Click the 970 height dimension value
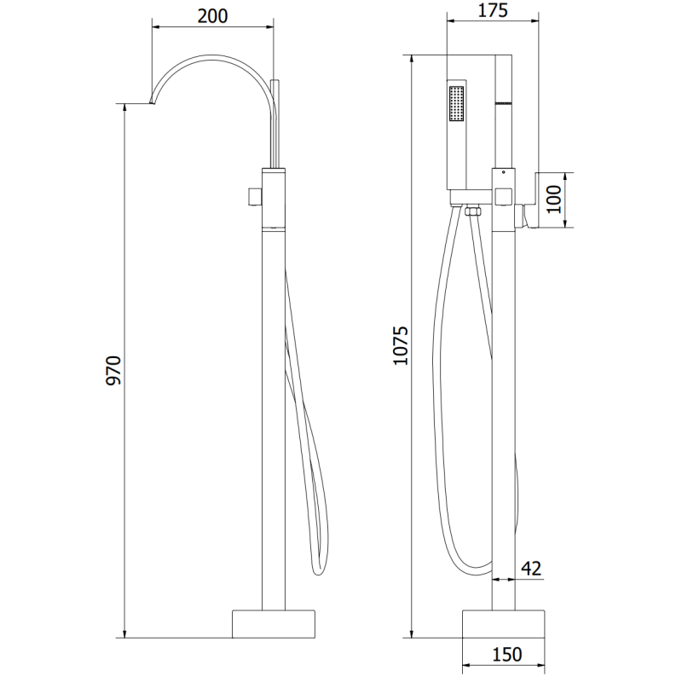point(113,371)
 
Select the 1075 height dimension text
point(400,345)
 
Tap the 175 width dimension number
point(494,11)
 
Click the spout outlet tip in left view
point(152,103)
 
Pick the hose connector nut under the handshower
point(474,210)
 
